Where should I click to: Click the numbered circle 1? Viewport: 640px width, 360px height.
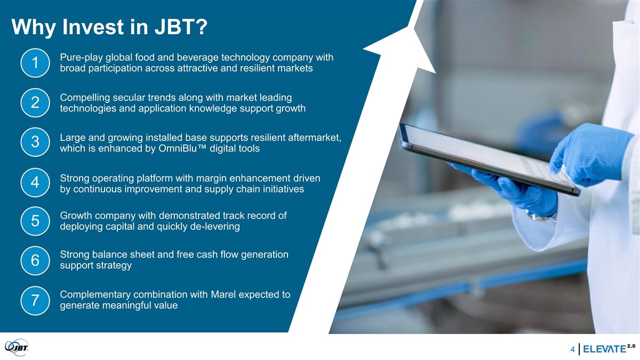(x=35, y=63)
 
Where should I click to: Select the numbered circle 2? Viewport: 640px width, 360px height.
(x=35, y=102)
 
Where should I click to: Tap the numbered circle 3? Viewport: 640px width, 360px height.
(x=35, y=142)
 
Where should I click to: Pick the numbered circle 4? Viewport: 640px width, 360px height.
(x=35, y=182)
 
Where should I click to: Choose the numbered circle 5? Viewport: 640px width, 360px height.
(x=35, y=221)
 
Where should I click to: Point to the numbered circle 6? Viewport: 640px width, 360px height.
(x=35, y=261)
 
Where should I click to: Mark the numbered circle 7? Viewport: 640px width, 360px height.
(x=35, y=301)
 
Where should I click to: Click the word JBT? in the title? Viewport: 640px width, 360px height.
(x=181, y=27)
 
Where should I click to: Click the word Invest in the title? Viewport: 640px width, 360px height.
(x=93, y=27)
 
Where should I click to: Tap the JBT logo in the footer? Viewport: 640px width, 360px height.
(x=17, y=347)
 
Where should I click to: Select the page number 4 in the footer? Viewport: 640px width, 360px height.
(x=573, y=349)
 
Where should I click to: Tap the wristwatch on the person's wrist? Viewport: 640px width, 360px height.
(x=542, y=217)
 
